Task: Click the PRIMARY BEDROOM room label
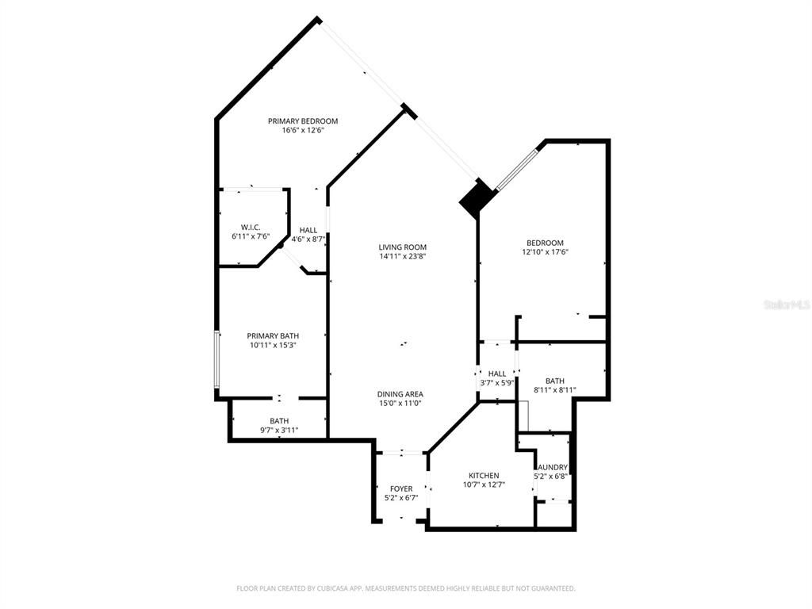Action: pos(302,121)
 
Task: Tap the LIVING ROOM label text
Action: pos(402,247)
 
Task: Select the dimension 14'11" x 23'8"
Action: pos(402,256)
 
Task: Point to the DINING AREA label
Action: pos(400,394)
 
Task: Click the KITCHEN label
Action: pos(483,476)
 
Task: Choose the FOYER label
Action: pos(400,488)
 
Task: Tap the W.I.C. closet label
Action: pos(251,228)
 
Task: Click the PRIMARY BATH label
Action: pos(272,336)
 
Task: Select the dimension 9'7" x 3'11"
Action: pos(279,430)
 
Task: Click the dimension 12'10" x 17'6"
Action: pos(545,252)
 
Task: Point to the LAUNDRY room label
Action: pos(551,468)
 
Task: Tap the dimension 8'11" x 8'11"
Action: pos(554,389)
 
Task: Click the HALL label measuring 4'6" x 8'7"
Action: pos(308,230)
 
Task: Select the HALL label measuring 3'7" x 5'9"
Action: pos(497,373)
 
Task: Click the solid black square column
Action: pos(477,197)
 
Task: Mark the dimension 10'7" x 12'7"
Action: pos(483,485)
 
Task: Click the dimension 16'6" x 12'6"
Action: pos(302,130)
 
